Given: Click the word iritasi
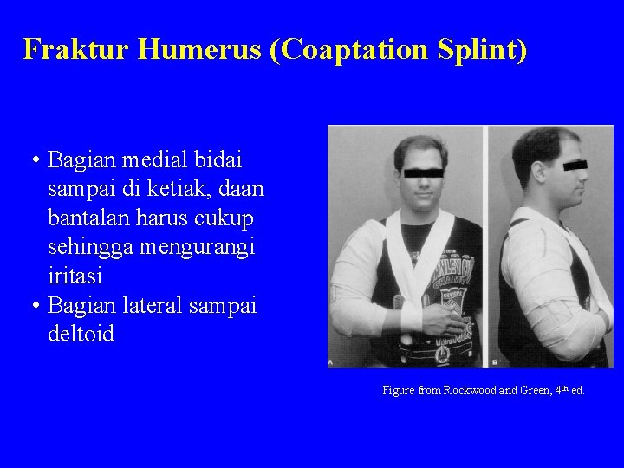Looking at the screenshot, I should (x=75, y=276).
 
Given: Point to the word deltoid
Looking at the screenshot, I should (x=81, y=334).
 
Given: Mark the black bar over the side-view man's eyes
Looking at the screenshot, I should (x=574, y=164).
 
